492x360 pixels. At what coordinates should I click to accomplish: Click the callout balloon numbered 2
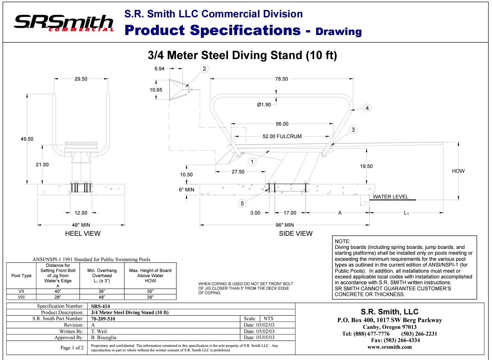click(204, 69)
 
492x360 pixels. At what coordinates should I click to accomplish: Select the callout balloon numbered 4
click(367, 108)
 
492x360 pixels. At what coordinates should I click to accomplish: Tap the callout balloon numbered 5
click(242, 204)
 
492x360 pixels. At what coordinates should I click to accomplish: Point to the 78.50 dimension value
click(281, 79)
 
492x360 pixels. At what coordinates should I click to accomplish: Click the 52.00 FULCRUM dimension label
click(282, 136)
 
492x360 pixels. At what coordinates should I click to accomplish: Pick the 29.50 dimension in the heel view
click(81, 79)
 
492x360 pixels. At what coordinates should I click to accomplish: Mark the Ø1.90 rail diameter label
click(264, 105)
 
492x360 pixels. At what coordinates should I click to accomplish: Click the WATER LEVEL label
click(391, 197)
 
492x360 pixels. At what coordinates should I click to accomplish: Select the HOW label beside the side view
click(458, 171)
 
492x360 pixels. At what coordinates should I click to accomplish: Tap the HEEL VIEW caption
click(83, 233)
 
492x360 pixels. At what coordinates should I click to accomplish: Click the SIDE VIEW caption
click(296, 233)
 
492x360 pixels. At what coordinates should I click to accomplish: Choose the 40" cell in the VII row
click(58, 292)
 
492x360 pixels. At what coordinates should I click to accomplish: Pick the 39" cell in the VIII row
click(150, 297)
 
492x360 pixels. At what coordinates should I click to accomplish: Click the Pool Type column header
click(21, 276)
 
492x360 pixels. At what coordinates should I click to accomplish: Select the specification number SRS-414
click(101, 306)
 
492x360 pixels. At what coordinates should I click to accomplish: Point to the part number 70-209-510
click(103, 319)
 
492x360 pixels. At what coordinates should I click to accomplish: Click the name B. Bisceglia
click(103, 338)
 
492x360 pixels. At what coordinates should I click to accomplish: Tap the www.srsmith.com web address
click(390, 347)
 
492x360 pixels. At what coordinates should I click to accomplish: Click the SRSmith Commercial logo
click(64, 23)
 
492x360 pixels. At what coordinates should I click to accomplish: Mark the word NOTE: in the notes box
click(342, 241)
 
